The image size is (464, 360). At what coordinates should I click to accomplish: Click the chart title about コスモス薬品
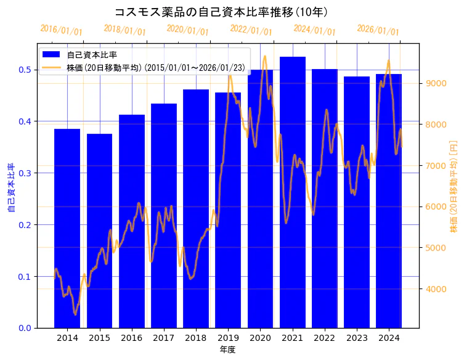[x=221, y=12]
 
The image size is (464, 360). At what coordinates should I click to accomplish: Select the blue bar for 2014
[x=67, y=228]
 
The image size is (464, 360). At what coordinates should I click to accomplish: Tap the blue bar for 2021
[x=292, y=192]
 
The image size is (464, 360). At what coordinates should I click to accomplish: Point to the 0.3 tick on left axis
[x=24, y=173]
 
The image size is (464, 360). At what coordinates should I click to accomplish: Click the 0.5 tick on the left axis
[x=24, y=70]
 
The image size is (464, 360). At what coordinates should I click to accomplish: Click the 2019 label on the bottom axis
[x=228, y=338]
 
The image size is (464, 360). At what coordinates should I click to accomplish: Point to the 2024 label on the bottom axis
[x=388, y=338]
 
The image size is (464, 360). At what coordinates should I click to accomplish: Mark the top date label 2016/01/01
[x=61, y=30]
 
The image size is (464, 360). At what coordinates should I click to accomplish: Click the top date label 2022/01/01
[x=251, y=30]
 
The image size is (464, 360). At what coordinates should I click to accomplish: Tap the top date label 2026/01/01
[x=378, y=30]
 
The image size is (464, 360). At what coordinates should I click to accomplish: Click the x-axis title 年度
[x=227, y=350]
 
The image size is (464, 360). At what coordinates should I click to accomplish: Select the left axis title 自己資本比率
[x=10, y=187]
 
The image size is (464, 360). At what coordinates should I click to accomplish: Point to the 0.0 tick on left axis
[x=24, y=328]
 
